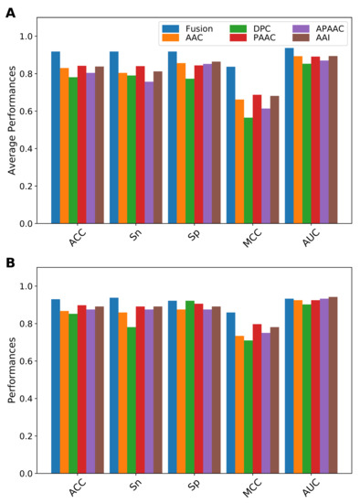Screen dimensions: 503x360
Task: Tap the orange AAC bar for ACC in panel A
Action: [65, 145]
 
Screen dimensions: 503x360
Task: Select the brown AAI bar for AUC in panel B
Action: [332, 385]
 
